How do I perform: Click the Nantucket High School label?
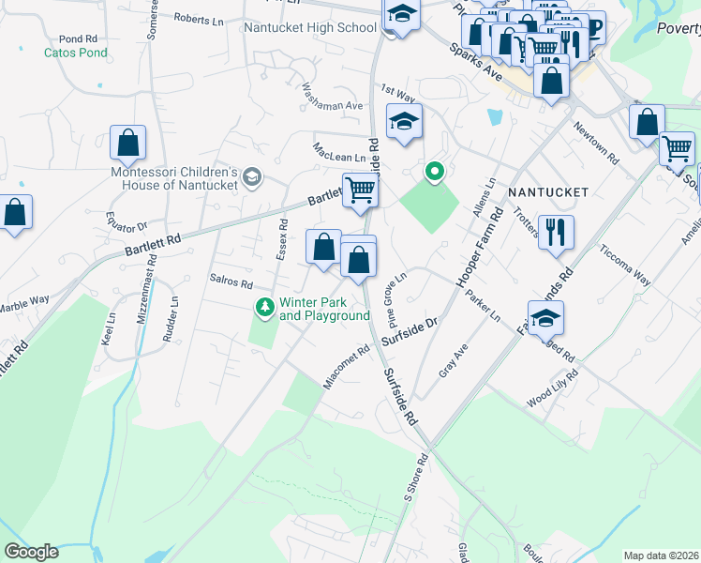pos(310,27)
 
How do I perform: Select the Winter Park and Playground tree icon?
pos(266,307)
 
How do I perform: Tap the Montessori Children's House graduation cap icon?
pos(251,176)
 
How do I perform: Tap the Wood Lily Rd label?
pos(552,388)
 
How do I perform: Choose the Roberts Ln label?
pos(199,20)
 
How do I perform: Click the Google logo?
pos(31,552)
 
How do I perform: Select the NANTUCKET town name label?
pos(548,192)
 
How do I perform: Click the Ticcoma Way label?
pos(625,265)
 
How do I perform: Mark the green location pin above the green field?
pos(433,172)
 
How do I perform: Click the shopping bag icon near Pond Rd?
pos(128,144)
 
